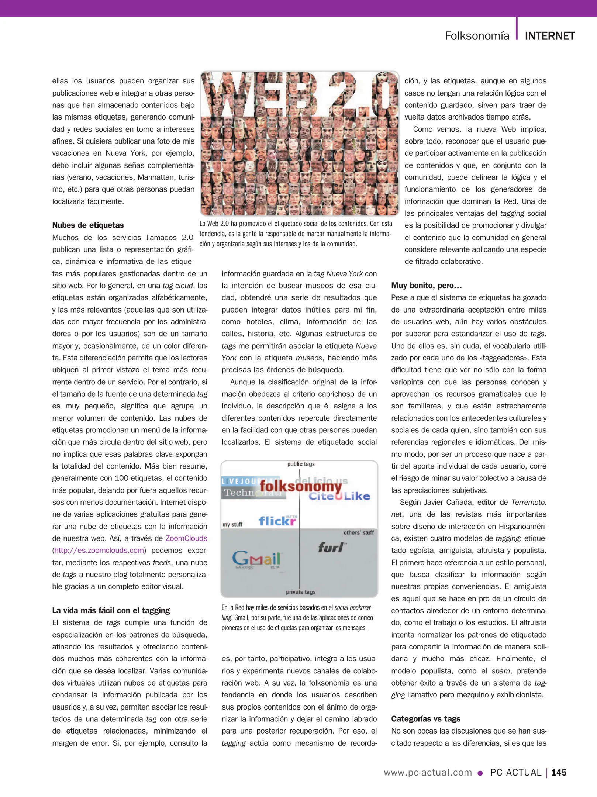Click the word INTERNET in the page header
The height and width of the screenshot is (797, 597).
(549, 36)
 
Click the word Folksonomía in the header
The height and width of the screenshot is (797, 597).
(477, 36)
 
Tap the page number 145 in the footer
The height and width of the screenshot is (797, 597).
(559, 772)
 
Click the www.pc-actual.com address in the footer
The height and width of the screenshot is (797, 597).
(428, 772)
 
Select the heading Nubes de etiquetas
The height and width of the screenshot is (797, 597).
(88, 225)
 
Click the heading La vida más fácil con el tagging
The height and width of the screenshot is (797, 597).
(111, 610)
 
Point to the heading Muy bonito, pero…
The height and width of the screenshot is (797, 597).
(426, 285)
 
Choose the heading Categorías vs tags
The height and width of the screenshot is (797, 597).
(425, 718)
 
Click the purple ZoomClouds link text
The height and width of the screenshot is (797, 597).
(186, 538)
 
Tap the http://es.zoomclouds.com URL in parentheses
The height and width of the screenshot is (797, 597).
(99, 550)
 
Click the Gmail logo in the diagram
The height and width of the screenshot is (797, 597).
(257, 559)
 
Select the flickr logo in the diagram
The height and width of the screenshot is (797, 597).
(277, 521)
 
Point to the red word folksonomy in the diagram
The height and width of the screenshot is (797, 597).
(301, 486)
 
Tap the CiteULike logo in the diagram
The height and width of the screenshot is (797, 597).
(339, 496)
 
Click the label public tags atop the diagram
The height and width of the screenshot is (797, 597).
(301, 464)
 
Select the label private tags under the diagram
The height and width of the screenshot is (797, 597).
(300, 592)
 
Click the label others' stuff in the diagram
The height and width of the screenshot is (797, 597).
(358, 532)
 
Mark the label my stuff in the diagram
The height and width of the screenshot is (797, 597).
(232, 524)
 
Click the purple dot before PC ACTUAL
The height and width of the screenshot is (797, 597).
(480, 773)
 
